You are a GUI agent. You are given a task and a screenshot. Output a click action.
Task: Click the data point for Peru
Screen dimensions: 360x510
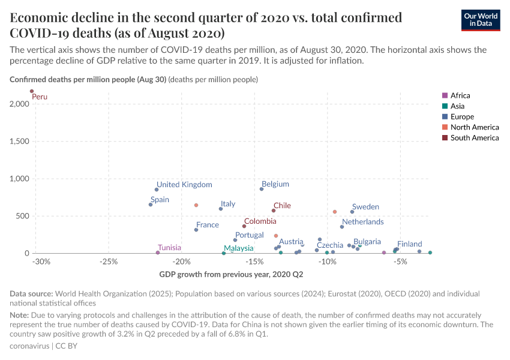coord(32,91)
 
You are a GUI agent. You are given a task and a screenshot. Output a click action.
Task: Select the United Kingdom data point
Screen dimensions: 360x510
coord(157,190)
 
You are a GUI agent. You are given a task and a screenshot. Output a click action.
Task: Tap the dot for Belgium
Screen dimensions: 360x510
coord(262,189)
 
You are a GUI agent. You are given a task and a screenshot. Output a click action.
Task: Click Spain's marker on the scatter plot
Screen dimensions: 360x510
coord(151,205)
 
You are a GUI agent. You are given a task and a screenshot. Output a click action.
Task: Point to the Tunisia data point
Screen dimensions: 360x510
coord(158,253)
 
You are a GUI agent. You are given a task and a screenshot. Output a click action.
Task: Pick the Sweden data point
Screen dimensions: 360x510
coord(352,212)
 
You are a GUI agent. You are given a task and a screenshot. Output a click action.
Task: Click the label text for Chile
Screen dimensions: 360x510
coord(282,206)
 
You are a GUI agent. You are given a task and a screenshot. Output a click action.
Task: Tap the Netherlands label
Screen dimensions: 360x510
coord(362,222)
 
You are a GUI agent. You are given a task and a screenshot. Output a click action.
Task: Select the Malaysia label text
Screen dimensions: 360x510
coord(239,248)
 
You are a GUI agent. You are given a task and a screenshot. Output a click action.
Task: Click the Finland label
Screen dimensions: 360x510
coord(410,244)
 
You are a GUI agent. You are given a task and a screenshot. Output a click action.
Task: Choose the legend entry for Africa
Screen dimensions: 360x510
coord(460,95)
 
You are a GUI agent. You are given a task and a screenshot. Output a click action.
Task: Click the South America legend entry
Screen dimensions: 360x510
coord(474,138)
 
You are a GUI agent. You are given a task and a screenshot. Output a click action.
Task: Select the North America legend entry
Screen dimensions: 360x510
coord(474,127)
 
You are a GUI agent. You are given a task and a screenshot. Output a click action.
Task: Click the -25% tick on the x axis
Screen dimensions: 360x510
coord(108,262)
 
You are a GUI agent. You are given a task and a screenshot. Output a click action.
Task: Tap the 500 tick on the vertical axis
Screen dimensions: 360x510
coord(22,216)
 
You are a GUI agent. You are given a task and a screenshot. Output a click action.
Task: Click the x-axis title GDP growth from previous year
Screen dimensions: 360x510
coord(231,275)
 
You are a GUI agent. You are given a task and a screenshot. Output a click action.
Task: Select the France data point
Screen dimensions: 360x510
coord(196,230)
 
